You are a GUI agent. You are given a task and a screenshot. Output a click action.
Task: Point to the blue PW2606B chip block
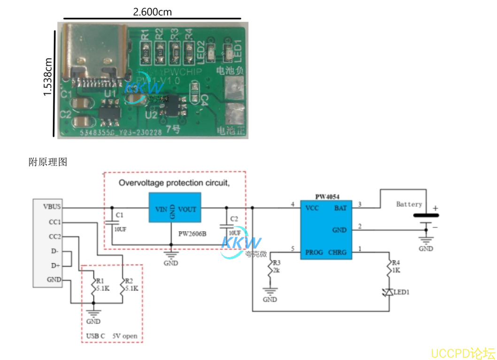[175, 207]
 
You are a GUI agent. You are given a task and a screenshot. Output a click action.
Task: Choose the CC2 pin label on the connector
[54, 236]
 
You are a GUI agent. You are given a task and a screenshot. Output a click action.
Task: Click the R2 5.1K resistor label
[132, 285]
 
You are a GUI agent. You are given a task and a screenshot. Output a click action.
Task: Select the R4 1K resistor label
[396, 267]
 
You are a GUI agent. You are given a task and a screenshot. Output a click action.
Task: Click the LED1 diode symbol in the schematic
[388, 292]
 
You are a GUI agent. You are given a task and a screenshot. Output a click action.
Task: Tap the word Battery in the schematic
[409, 204]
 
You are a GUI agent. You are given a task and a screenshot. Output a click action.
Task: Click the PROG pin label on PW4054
[314, 252]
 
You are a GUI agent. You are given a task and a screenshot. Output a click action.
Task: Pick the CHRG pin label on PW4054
[337, 252]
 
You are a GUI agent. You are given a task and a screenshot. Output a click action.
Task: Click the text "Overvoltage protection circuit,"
[174, 183]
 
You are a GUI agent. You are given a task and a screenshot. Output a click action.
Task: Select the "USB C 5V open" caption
[112, 336]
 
